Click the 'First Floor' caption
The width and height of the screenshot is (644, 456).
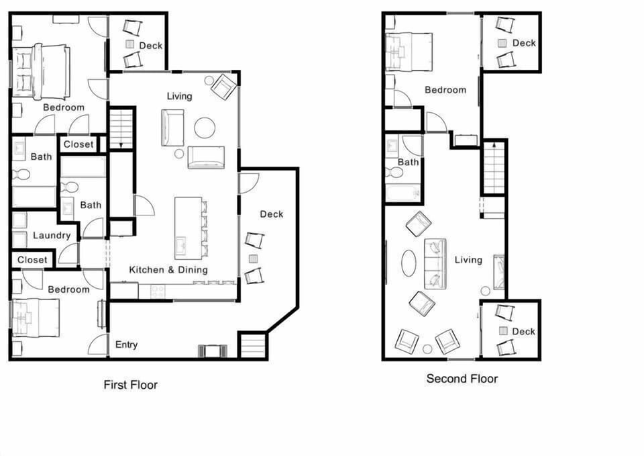tap(130, 385)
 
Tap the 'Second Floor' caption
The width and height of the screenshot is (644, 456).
tap(462, 379)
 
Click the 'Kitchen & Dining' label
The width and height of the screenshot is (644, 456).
tap(168, 269)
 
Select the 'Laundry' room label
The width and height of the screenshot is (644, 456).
tap(52, 235)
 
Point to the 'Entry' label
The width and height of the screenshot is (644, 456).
tap(126, 345)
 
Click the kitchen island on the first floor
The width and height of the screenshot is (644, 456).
tap(188, 228)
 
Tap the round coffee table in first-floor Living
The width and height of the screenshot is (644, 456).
tap(205, 128)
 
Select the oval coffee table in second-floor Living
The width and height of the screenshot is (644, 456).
tap(408, 263)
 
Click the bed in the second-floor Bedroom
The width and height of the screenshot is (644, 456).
tap(409, 52)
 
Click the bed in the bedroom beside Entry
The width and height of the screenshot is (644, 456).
tap(36, 318)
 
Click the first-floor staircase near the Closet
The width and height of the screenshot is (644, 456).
tap(121, 128)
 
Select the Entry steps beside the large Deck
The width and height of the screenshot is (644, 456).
tap(253, 346)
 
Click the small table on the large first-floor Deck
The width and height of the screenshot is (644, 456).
tap(253, 259)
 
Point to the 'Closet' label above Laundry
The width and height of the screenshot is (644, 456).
tap(78, 144)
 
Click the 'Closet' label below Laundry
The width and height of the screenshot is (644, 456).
tap(32, 260)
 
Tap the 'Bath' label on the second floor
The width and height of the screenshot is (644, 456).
tap(408, 162)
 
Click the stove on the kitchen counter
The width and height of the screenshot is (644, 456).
tap(158, 291)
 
